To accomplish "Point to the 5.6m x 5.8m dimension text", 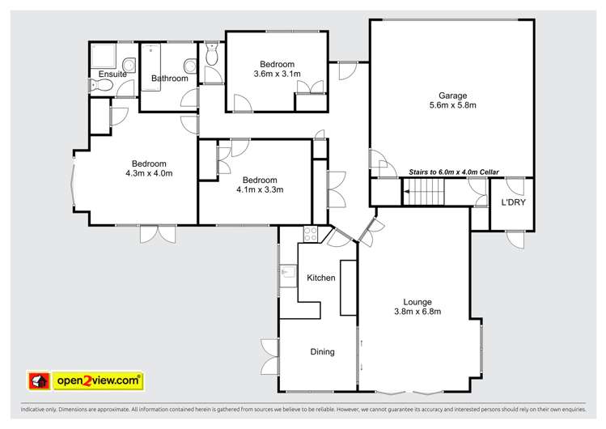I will click(x=452, y=105).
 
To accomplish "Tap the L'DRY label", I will click(x=513, y=202).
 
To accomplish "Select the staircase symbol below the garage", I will click(x=425, y=194).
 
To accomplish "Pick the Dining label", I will click(x=322, y=352).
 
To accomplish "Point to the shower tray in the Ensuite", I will click(x=104, y=55).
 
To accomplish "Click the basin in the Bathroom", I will click(x=189, y=66).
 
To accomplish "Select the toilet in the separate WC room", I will click(x=213, y=57).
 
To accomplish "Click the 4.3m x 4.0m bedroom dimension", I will click(x=149, y=173).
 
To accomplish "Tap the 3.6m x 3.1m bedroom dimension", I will click(x=277, y=74).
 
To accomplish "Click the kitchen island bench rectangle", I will click(x=348, y=287).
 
